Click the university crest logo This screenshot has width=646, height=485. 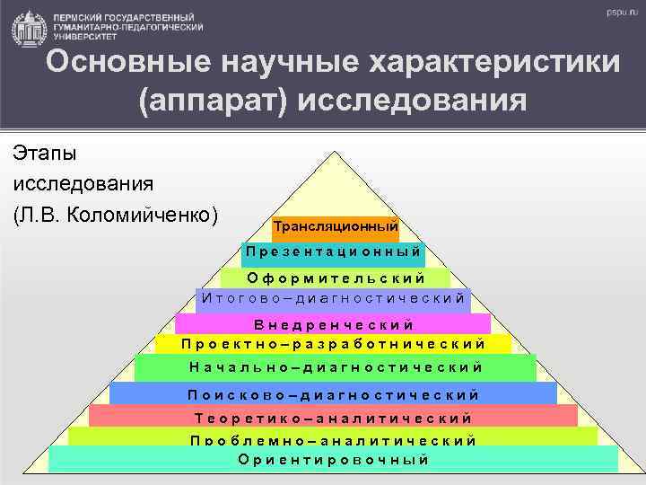pyautogui.click(x=27, y=26)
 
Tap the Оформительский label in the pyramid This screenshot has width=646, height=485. pyautogui.click(x=336, y=278)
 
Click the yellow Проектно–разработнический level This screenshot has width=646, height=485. pyautogui.click(x=333, y=343)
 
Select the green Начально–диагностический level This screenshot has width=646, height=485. pyautogui.click(x=336, y=366)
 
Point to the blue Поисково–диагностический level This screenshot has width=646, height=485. pyautogui.click(x=333, y=393)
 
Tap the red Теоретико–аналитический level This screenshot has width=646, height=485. pyautogui.click(x=333, y=417)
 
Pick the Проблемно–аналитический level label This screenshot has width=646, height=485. pyautogui.click(x=333, y=439)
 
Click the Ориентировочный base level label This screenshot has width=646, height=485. pyautogui.click(x=333, y=459)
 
